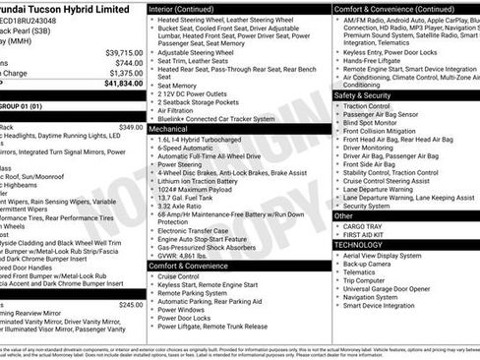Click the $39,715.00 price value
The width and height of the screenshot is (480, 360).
[x=124, y=52]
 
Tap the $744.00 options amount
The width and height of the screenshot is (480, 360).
[x=128, y=62]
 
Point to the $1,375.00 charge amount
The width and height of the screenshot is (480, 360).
[x=126, y=73]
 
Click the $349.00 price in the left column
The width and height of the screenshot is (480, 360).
[x=130, y=127]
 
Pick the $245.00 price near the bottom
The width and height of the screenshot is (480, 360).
[x=130, y=305]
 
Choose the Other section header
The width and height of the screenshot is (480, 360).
[x=343, y=215]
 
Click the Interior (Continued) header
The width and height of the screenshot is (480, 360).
[x=186, y=8]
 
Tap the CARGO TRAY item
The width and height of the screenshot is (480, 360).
[x=363, y=225]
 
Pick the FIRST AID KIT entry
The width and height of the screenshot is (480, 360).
[x=365, y=234]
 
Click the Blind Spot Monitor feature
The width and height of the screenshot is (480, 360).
[x=374, y=124]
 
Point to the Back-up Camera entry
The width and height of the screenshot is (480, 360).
[x=368, y=264]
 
